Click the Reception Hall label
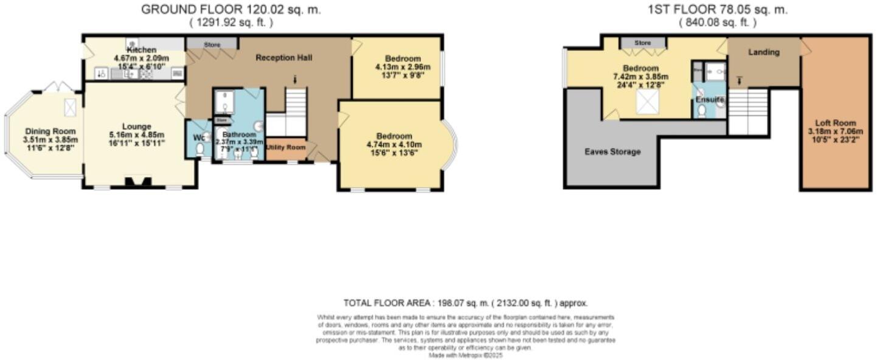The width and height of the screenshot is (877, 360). point(284,58)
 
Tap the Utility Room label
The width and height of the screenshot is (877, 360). point(285,148)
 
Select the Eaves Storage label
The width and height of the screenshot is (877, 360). point(612,151)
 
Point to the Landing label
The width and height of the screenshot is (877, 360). point(763,52)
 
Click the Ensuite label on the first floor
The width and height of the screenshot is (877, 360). point(710,99)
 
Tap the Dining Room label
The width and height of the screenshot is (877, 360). point(50,131)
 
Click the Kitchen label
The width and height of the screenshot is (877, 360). point(141,49)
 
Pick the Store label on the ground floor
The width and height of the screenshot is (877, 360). point(212,44)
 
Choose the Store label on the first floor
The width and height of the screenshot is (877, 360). point(643,43)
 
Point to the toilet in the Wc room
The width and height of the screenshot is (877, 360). point(200,148)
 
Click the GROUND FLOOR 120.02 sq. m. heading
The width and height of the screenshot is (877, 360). point(231,10)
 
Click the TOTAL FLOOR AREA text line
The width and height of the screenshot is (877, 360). point(465,303)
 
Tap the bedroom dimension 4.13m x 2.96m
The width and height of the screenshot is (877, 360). point(398,67)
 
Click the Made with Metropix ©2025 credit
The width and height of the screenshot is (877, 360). point(465,355)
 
